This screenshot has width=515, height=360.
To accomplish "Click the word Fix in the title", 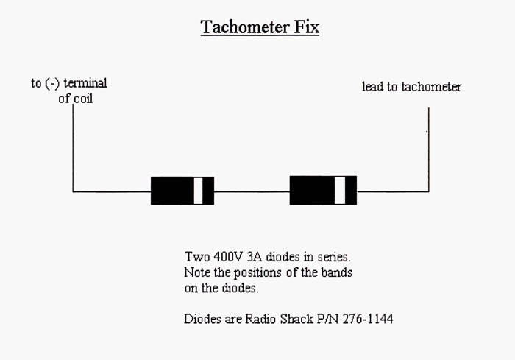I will [x=307, y=28].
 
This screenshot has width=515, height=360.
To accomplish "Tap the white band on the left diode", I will [x=198, y=191].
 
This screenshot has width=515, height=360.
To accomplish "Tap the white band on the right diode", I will [x=339, y=190].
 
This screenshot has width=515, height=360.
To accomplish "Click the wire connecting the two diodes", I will [x=252, y=191].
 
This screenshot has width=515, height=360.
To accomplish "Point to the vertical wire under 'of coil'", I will [x=73, y=147].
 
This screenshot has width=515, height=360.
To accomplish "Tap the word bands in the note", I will [x=338, y=273].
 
